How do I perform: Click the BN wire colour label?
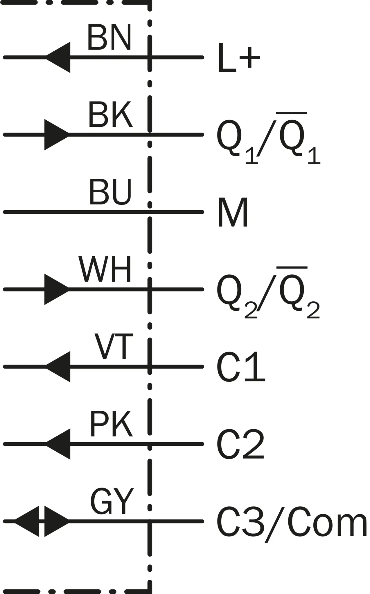tap(109, 37)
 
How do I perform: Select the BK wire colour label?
tap(110, 115)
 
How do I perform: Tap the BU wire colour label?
tap(110, 192)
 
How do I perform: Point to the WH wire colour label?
tap(105, 269)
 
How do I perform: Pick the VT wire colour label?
tap(114, 346)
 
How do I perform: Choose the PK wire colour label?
tap(111, 424)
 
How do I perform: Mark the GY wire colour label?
tap(112, 501)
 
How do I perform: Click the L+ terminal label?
tap(239, 58)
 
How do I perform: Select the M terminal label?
tap(233, 212)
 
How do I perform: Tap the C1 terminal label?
tap(241, 367)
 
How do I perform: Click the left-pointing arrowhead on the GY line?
tap(27, 521)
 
